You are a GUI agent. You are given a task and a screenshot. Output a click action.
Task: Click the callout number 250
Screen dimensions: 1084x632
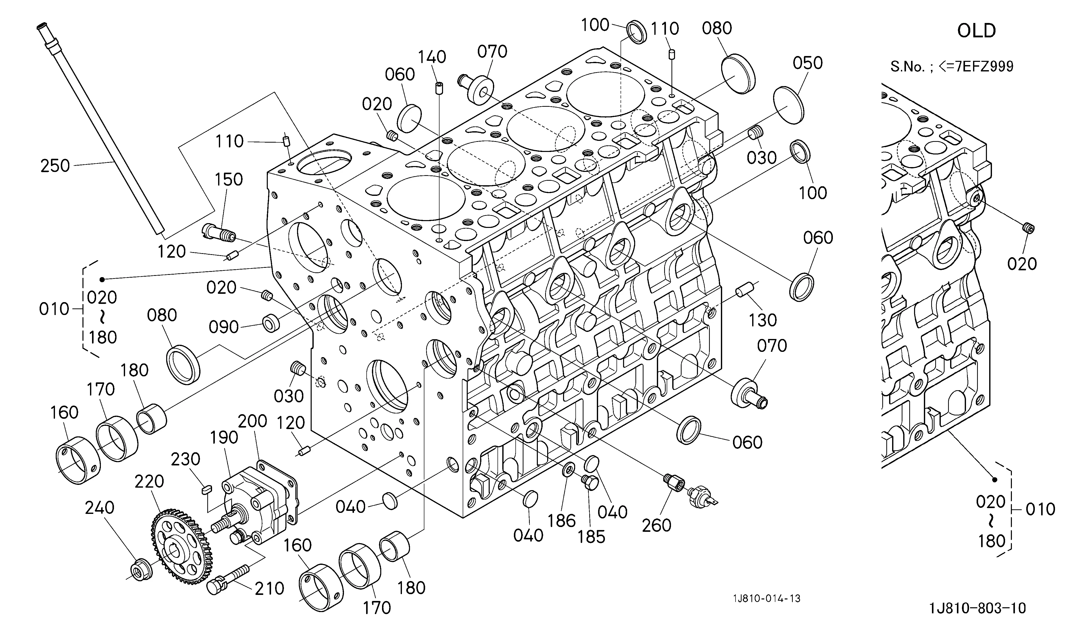point(55,166)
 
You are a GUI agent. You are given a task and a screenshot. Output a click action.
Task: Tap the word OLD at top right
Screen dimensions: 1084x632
point(977,31)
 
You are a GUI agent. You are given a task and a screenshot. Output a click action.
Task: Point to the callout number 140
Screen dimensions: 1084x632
point(432,57)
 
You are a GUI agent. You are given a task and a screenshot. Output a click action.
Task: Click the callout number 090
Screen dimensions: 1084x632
point(224,327)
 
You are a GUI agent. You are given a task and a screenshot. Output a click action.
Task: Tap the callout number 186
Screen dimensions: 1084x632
point(561,521)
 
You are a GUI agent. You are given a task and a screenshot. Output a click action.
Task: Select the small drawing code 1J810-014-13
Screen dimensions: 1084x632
point(767,598)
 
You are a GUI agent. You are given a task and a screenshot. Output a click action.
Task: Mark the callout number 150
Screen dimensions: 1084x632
point(229,179)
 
